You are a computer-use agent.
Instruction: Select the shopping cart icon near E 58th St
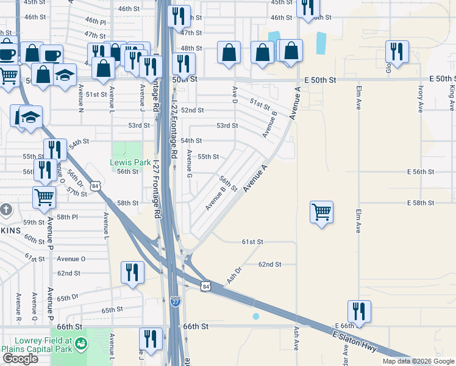(x=321, y=212)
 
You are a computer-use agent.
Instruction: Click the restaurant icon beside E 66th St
(x=359, y=312)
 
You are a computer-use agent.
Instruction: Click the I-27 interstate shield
(x=176, y=301)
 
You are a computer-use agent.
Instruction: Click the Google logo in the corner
(x=20, y=359)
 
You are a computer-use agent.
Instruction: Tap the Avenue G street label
(x=190, y=165)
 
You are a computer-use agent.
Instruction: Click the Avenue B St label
(x=216, y=198)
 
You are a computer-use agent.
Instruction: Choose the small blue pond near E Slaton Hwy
(x=256, y=316)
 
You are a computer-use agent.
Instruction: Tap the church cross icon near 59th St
(x=6, y=210)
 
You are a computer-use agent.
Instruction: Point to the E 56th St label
(x=420, y=172)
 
